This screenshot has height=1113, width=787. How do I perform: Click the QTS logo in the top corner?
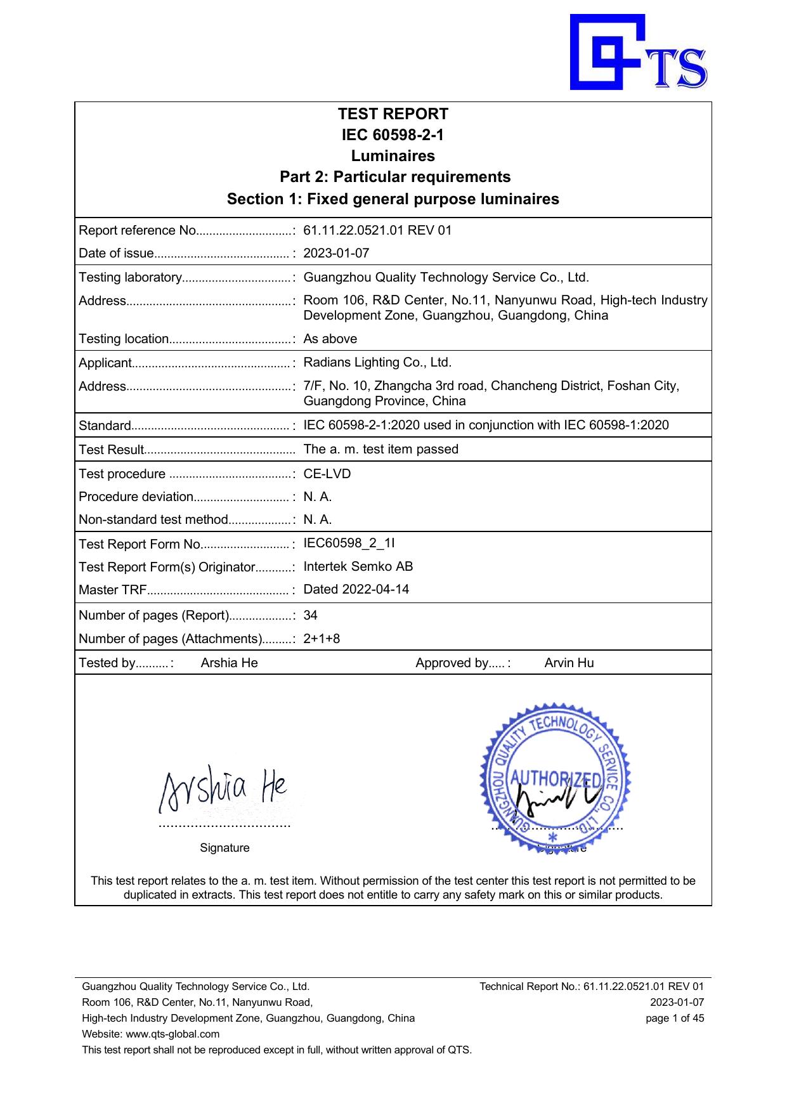[x=638, y=52]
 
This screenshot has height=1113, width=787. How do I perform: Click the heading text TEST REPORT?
[x=393, y=114]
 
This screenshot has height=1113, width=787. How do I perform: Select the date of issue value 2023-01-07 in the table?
[x=336, y=253]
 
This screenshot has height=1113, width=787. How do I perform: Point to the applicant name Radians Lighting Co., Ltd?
[x=377, y=362]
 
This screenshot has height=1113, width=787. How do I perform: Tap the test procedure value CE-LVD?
[x=327, y=474]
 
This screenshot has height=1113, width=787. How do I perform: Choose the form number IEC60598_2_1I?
[x=349, y=543]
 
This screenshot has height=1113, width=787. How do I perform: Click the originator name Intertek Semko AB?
[x=358, y=566]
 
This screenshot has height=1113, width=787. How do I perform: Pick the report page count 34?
[x=311, y=615]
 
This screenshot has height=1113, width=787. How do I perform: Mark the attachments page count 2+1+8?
[x=322, y=639]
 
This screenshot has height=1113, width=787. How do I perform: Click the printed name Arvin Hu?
[x=569, y=663]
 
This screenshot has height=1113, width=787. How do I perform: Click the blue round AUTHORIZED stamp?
[x=555, y=780]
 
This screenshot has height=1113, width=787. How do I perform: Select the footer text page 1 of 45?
[x=675, y=1018]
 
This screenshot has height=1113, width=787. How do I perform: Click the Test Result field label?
[x=112, y=450]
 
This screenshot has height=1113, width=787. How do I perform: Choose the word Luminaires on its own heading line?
[x=393, y=156]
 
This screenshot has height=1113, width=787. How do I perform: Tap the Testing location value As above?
[x=330, y=339]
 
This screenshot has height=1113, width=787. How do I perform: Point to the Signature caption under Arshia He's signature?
[x=224, y=848]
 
